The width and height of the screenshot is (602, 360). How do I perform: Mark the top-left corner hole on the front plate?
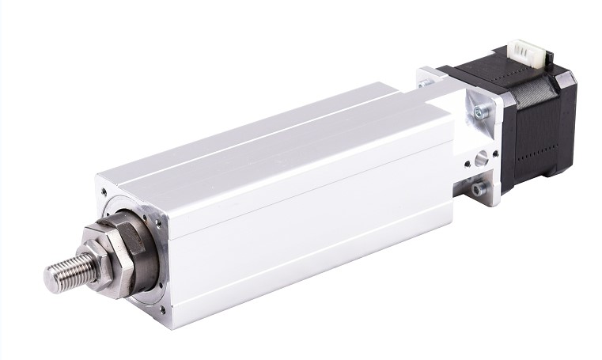pos(106,191)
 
